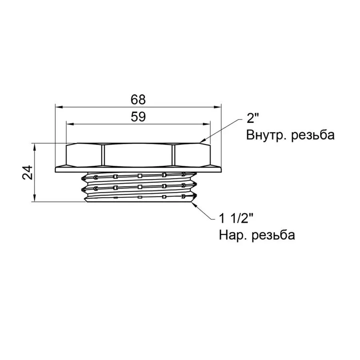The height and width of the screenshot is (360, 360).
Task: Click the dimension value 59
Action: (138, 117)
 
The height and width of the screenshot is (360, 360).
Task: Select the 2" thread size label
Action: (253, 118)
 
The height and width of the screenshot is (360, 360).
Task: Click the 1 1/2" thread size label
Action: (236, 218)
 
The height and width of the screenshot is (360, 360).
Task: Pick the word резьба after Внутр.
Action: (313, 135)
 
